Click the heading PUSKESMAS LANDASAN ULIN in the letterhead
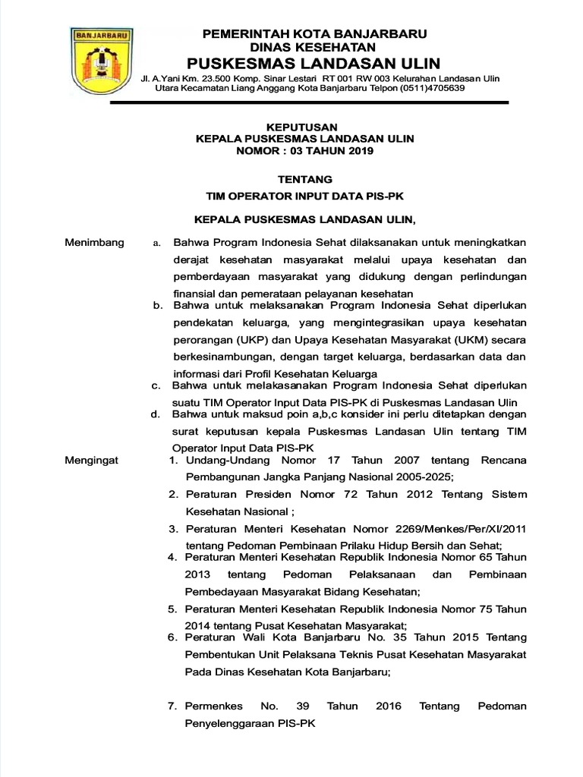[x=314, y=62]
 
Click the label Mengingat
[x=92, y=461]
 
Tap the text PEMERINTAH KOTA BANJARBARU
[x=314, y=33]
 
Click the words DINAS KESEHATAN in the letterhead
[x=314, y=46]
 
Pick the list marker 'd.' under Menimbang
[x=155, y=415]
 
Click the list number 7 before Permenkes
[x=172, y=706]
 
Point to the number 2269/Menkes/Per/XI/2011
[x=472, y=529]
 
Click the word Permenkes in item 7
[x=216, y=706]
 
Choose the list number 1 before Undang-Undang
[x=172, y=461]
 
